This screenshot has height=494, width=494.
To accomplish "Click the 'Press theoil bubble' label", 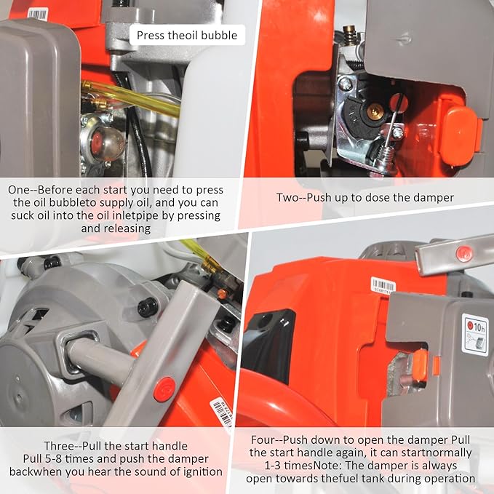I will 186,35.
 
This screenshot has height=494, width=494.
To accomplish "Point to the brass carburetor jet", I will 375,111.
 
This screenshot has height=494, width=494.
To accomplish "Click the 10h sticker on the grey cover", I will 474,334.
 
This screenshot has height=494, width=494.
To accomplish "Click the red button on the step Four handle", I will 464,254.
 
